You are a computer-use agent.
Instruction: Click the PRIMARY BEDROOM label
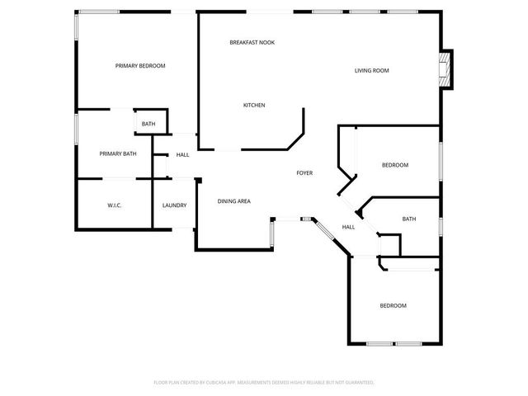click(140, 66)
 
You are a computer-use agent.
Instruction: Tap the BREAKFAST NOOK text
click(252, 42)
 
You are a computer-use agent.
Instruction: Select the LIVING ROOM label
click(371, 71)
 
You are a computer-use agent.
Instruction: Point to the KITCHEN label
click(253, 105)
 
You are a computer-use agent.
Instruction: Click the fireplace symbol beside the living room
click(445, 71)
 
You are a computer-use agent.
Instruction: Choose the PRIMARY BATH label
click(118, 153)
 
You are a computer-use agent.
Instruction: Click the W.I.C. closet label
click(115, 205)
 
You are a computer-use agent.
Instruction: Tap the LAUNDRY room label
click(174, 205)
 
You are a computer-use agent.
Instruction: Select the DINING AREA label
click(233, 201)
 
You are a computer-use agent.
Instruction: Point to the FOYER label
click(304, 173)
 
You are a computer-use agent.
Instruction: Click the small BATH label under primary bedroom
click(148, 125)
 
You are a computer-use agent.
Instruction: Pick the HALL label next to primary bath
click(182, 154)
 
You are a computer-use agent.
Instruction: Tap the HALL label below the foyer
click(348, 227)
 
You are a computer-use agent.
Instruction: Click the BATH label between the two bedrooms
click(408, 219)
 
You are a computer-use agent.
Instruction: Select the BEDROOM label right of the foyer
click(394, 165)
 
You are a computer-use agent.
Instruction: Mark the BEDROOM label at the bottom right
click(393, 306)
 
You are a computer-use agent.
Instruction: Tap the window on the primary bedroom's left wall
click(77, 27)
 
